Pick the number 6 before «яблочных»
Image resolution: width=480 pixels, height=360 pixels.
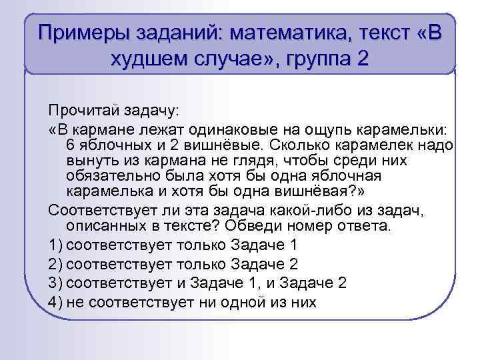click(71, 144)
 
